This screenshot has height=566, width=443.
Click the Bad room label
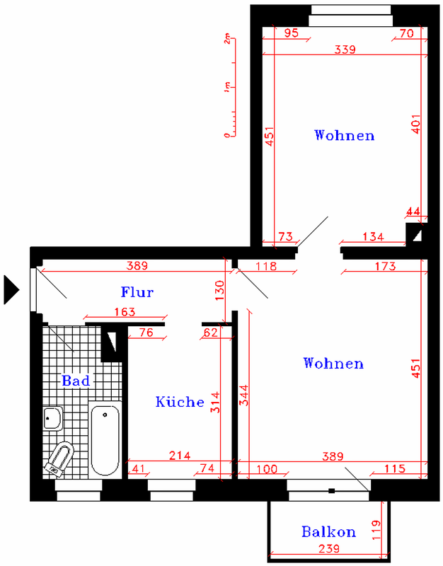point(76,381)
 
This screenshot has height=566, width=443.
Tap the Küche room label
point(180,401)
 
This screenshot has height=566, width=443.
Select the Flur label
point(137,291)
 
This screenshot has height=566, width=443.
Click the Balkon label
point(328,532)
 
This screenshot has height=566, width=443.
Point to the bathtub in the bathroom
point(105,439)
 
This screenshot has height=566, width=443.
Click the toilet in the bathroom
point(59,457)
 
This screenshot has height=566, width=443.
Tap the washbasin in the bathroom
point(53,418)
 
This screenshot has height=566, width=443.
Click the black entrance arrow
point(11,289)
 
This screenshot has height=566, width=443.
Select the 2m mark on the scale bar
point(226,39)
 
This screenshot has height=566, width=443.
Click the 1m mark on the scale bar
point(226,87)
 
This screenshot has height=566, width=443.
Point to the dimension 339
point(345,49)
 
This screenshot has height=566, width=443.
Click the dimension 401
point(416,125)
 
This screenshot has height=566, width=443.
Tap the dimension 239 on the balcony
point(329,549)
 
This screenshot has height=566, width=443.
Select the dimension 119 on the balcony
point(376,530)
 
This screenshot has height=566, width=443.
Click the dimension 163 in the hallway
point(125,311)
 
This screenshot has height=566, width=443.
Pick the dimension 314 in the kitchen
point(215,402)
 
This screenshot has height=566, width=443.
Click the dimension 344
point(244,395)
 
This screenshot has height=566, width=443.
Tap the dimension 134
point(373,237)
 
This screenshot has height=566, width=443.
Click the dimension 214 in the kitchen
point(180,456)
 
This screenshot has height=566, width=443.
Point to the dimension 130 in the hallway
point(219,291)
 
